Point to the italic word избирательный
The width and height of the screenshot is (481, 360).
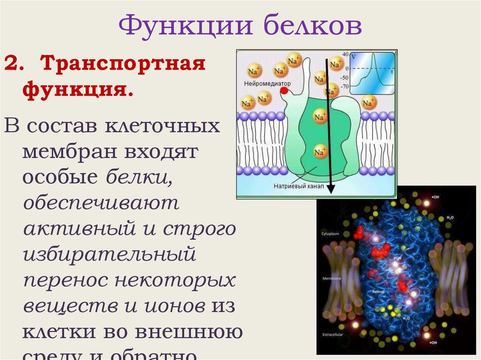tap(109, 255)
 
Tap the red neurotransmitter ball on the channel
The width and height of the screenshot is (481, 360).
tap(284, 90)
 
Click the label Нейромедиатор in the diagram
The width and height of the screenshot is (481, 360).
tap(267, 84)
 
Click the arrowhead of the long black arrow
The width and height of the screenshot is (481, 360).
tap(331, 189)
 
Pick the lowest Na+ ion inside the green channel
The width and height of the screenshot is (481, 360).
tap(320, 152)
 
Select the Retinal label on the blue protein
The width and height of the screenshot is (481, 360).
tap(378, 291)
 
